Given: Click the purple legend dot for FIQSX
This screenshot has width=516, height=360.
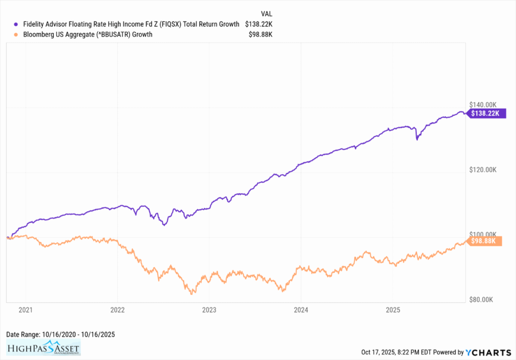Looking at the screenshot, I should [x=17, y=24].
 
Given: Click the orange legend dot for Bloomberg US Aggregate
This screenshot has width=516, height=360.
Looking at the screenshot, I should [x=17, y=34].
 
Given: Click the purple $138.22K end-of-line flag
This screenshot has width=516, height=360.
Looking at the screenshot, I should [x=485, y=113].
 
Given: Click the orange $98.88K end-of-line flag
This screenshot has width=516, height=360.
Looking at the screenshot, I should [x=485, y=241].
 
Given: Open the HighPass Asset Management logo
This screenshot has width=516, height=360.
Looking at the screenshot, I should [x=43, y=348].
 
